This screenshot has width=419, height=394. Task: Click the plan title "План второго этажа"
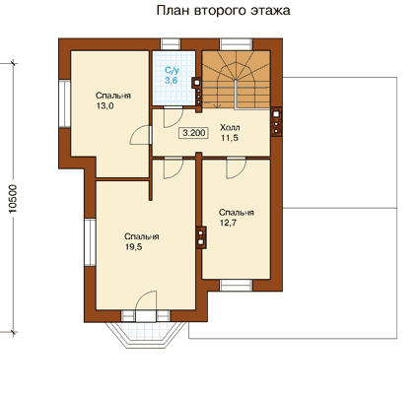click(223, 11)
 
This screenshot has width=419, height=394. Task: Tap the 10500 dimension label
click(13, 198)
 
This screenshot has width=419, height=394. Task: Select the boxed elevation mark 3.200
click(194, 133)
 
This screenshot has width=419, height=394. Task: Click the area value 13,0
click(105, 106)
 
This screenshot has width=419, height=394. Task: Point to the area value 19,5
click(133, 247)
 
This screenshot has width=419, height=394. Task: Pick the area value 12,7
click(228, 223)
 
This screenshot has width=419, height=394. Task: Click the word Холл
click(230, 127)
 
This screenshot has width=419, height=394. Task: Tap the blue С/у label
click(172, 70)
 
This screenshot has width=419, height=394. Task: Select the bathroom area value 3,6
click(172, 80)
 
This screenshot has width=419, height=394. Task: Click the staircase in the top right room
click(236, 79)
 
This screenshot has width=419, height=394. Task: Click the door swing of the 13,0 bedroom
click(140, 135)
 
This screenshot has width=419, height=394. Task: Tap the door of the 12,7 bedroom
click(236, 168)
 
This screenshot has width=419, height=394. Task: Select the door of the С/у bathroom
click(174, 117)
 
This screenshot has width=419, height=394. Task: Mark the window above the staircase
click(237, 44)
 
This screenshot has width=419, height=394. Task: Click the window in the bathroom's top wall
click(171, 44)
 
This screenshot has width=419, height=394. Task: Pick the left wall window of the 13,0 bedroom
click(65, 104)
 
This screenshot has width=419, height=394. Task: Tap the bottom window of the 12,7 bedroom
click(237, 286)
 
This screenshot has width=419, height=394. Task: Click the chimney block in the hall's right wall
click(276, 121)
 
